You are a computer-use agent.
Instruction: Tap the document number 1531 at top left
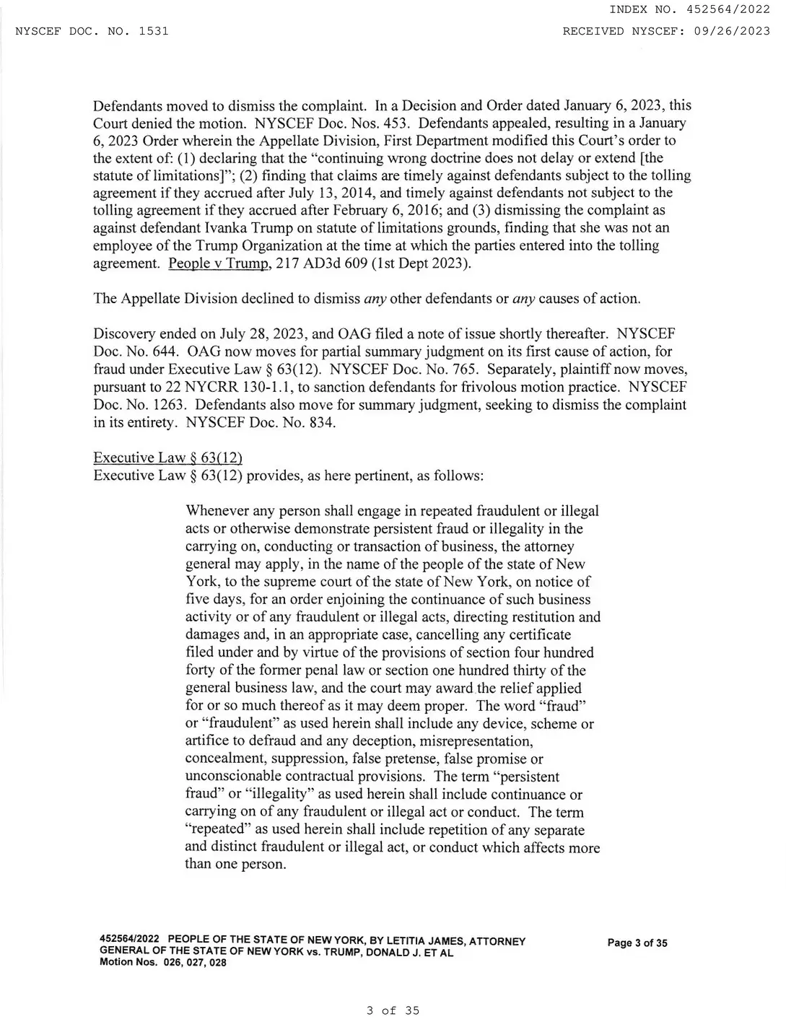(153, 31)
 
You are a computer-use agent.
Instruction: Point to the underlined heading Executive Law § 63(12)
(167, 458)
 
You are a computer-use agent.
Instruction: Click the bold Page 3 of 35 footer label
(637, 943)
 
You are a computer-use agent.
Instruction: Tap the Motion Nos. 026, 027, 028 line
(162, 962)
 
